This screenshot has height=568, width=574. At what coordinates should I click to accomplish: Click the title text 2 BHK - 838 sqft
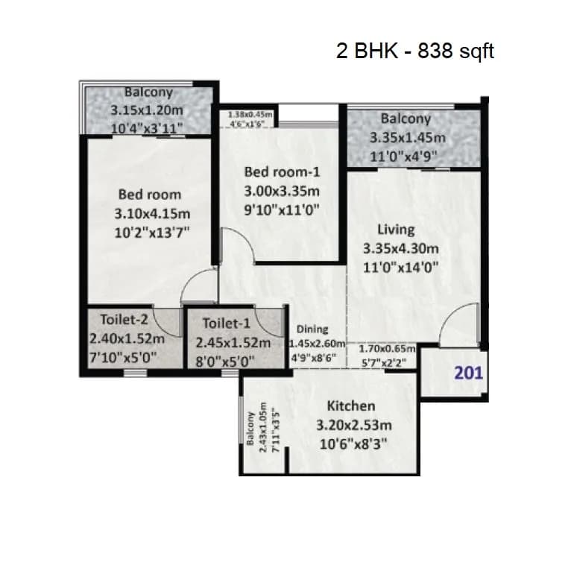pos(415,51)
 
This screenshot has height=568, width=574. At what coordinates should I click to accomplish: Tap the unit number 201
pos(468,373)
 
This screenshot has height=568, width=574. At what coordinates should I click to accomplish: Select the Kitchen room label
pos(351,406)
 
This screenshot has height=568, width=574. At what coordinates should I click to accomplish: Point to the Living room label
pos(395,229)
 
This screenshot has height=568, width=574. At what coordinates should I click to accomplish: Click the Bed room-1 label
pos(281,172)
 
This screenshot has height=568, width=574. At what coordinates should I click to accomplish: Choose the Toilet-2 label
pos(124,320)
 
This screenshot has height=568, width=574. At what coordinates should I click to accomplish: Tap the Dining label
pos(312,329)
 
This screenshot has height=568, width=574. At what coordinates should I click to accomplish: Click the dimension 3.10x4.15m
pos(148,213)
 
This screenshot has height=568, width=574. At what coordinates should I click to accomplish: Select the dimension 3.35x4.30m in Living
pos(401,248)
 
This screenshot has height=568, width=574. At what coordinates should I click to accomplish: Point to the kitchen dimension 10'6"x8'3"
pos(351,443)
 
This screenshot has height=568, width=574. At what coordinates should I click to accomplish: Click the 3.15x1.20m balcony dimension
pos(148,110)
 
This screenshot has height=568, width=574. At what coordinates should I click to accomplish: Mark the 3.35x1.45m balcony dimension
pos(407,137)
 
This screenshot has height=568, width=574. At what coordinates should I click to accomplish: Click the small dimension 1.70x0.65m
pos(387,348)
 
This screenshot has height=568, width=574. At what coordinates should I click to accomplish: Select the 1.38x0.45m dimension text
pos(250,116)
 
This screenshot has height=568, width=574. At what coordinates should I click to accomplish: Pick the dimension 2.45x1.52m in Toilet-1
pos(233,343)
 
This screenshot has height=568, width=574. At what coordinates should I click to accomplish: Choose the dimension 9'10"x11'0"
pos(282,209)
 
